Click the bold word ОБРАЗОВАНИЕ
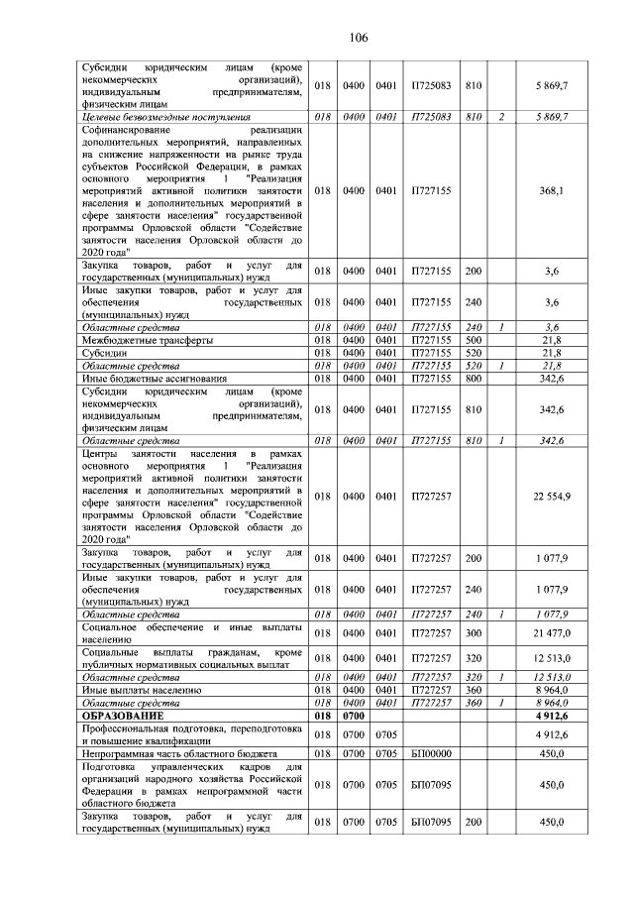pos(124,714)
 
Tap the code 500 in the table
pos(474,339)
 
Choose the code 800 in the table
pos(474,378)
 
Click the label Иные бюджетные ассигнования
pos(154,378)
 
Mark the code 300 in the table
pos(474,632)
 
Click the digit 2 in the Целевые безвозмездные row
pos(502,117)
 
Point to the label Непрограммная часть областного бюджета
pos(178,753)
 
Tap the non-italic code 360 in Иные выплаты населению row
pos(474,689)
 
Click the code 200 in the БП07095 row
pos(474,823)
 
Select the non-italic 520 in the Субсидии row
pos(474,352)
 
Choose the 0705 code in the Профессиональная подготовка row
pos(386,734)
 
